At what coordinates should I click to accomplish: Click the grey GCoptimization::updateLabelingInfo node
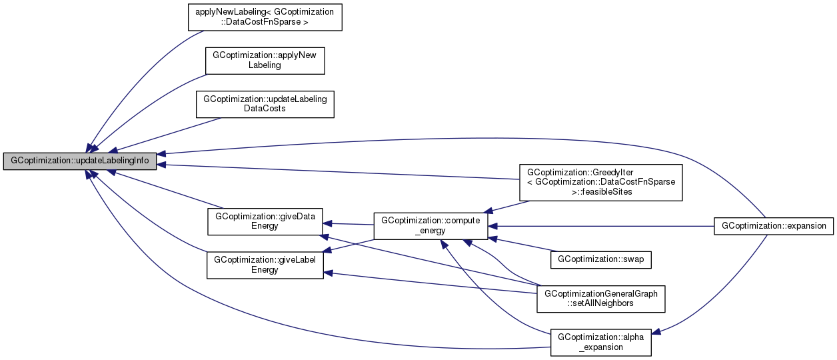(80, 161)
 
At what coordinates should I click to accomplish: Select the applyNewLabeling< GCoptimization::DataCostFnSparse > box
(265, 17)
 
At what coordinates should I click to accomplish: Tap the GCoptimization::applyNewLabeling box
(265, 61)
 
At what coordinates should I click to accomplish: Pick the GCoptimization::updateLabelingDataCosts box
(265, 103)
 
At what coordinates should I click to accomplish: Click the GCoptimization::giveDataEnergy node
(265, 221)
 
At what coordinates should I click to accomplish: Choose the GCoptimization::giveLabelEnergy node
(265, 265)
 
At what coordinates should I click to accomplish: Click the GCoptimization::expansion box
(773, 226)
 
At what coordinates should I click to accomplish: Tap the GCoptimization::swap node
(600, 259)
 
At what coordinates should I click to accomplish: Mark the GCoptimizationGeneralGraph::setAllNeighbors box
(600, 298)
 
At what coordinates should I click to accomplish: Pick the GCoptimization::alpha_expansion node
(600, 342)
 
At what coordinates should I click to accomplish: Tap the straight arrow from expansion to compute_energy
(600, 226)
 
